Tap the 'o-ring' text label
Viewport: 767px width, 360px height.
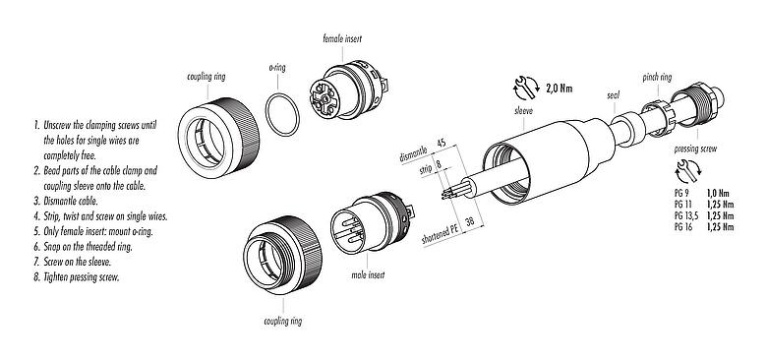coord(278,70)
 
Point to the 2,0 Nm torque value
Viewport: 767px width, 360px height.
coord(558,89)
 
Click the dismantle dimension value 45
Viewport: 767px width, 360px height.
coord(442,144)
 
